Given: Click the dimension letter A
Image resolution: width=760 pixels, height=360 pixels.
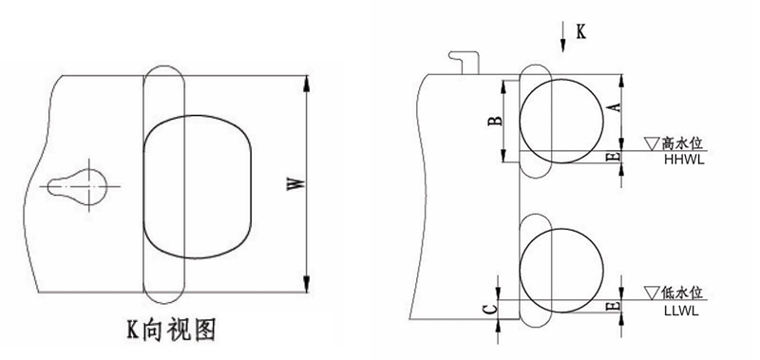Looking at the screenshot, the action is (615, 107).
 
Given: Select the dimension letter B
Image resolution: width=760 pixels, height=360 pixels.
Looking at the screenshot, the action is (495, 121).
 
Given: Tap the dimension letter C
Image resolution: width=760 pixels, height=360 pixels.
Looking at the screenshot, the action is (491, 309).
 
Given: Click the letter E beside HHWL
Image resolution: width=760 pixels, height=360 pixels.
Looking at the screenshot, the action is (615, 157).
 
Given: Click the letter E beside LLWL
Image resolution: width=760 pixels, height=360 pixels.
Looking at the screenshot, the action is (615, 306).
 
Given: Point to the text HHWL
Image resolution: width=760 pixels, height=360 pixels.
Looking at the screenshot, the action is (684, 160).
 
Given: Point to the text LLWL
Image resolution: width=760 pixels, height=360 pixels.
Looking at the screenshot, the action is (682, 311).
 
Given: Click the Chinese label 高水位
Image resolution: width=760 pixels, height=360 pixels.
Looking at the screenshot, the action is (682, 143).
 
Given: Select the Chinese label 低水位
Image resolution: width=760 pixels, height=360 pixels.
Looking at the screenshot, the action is (682, 294).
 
